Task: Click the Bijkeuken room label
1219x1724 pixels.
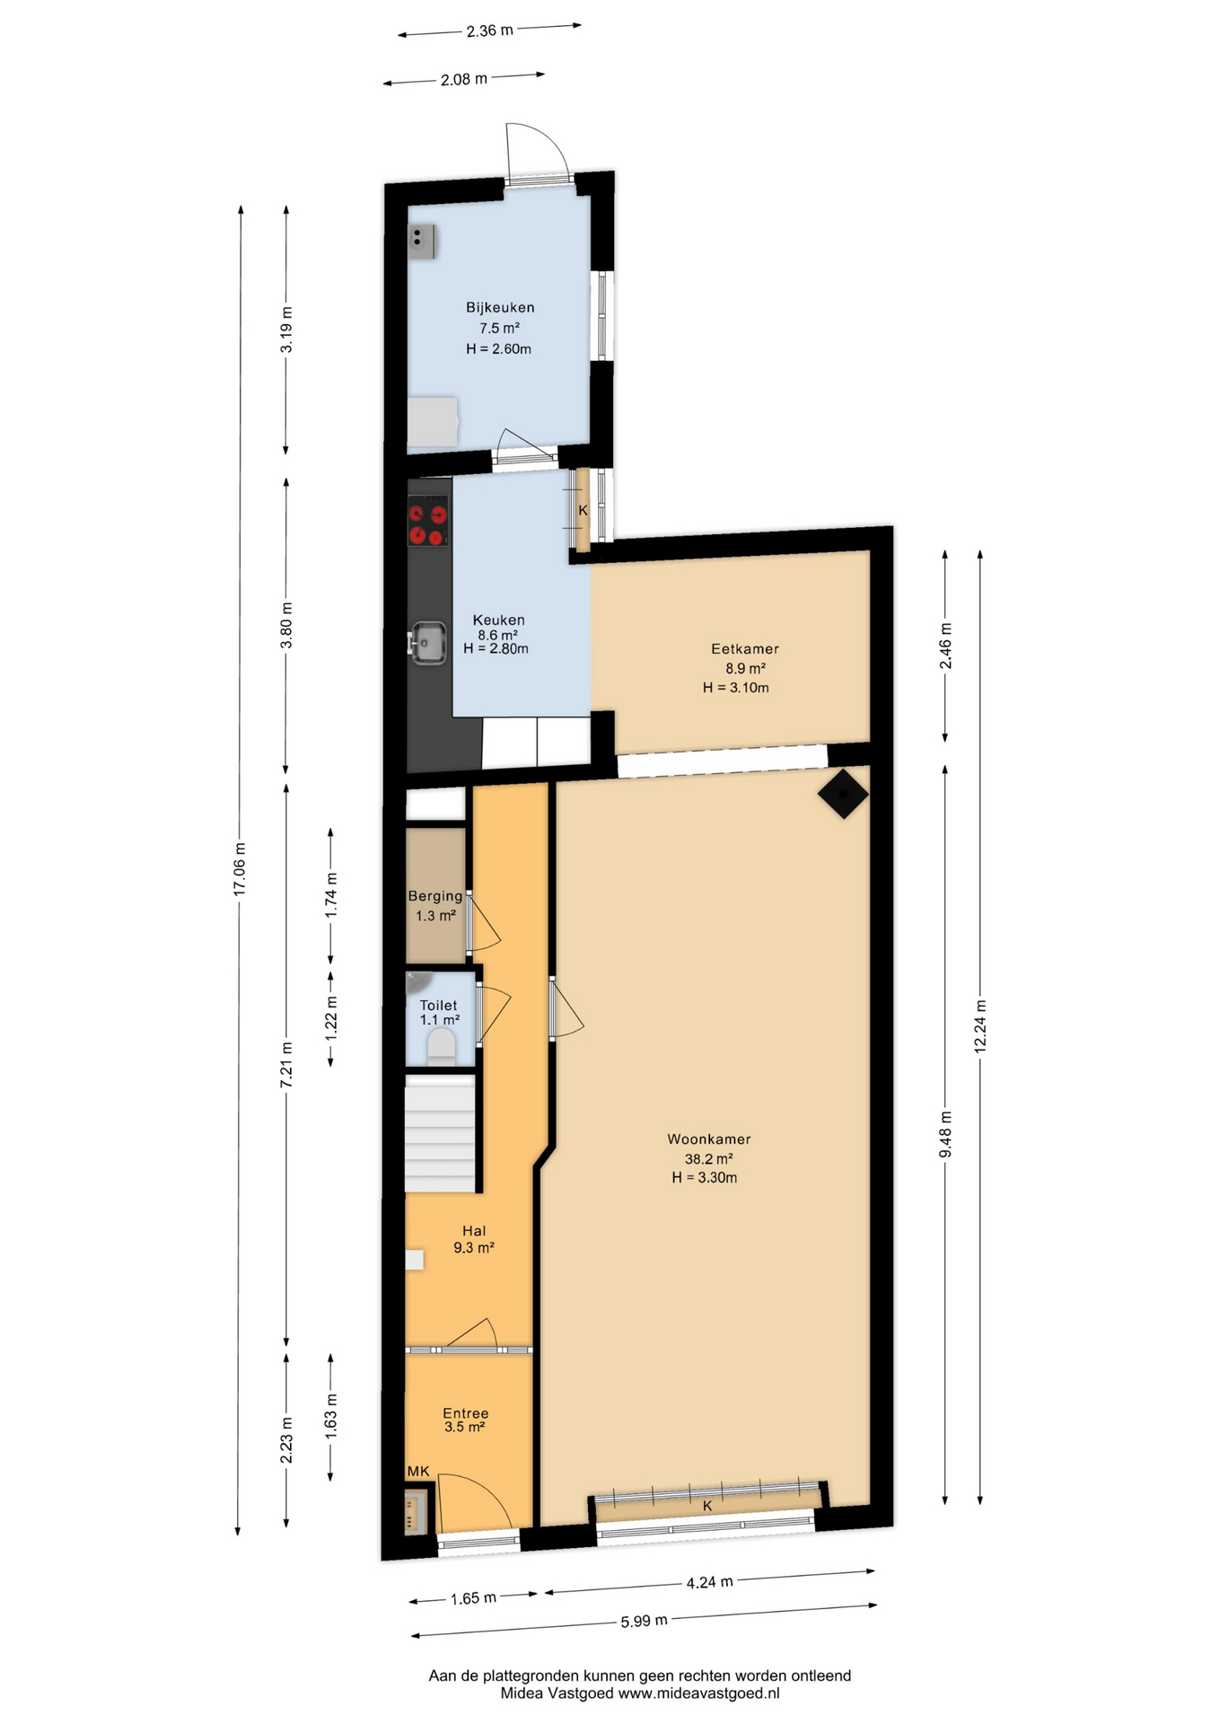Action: [500, 307]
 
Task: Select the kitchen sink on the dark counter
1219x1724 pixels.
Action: [427, 643]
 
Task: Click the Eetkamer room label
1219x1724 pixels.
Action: [745, 648]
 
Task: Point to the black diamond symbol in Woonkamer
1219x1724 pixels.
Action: [843, 794]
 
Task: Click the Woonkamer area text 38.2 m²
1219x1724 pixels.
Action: [709, 1158]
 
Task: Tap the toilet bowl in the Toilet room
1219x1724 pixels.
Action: [441, 1047]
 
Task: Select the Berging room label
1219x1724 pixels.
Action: [435, 896]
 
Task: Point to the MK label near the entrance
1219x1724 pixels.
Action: [418, 1471]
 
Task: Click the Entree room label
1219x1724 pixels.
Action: [465, 1412]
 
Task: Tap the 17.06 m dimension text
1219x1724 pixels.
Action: [240, 868]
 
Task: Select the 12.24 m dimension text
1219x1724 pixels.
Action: [980, 1026]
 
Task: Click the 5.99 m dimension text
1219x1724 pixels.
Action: [645, 1621]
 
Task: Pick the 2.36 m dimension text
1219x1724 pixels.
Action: [490, 31]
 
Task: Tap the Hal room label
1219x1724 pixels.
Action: [474, 1230]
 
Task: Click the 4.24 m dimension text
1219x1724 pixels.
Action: [710, 1582]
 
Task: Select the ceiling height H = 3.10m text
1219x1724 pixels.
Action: [736, 688]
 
